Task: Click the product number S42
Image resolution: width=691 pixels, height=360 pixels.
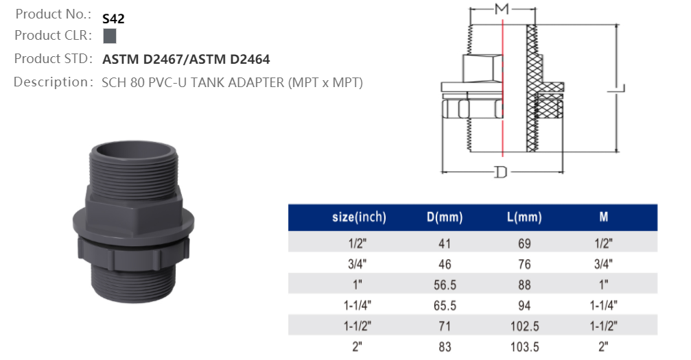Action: [x=113, y=19]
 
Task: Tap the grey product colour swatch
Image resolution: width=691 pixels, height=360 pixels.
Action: [x=110, y=36]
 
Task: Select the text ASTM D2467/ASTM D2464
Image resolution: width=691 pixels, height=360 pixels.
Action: [x=186, y=60]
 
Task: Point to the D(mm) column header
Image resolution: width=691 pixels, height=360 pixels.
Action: [x=445, y=218]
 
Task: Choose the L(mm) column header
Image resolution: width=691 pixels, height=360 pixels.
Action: [x=524, y=218]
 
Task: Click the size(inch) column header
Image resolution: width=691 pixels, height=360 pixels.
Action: [x=359, y=218]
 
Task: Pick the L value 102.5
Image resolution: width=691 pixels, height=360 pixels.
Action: [x=524, y=326]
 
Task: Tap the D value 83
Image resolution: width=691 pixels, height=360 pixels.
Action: [x=445, y=346]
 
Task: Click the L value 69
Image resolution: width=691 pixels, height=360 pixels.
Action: [x=524, y=243]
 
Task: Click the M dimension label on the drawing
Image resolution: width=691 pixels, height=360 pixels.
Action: [x=502, y=9]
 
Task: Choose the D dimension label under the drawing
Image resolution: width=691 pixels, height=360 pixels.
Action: [x=501, y=172]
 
